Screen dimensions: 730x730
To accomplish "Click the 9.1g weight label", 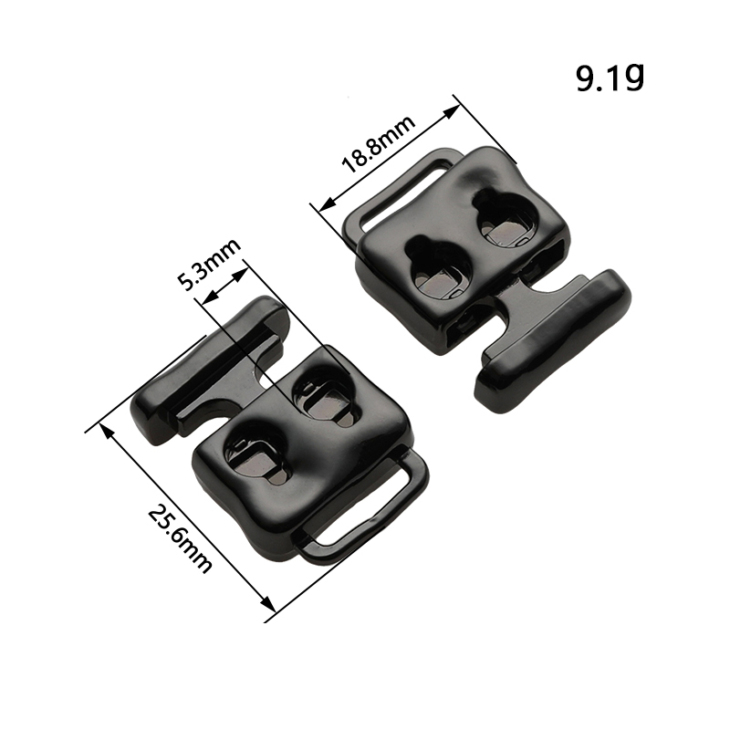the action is pos(610,78).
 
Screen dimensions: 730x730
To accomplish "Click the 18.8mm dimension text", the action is pos(379,144).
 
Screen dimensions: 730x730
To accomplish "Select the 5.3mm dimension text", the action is pos(210,264).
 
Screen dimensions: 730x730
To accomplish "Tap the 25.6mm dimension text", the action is pos(181,539).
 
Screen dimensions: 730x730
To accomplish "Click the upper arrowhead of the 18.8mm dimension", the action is pos(451,111).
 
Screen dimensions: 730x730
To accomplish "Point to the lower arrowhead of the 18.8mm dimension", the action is pos(328,202).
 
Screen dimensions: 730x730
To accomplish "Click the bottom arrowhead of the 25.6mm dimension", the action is pos(267,604).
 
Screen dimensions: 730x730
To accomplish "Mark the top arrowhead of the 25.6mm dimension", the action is pos(107,432).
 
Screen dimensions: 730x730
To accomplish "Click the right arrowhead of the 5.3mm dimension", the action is pos(239,276).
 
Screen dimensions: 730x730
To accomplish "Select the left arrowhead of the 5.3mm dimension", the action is pos(211,297).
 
